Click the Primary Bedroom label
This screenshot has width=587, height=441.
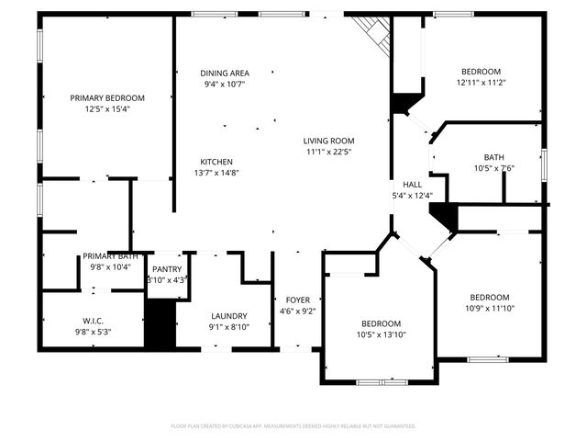coord(107,97)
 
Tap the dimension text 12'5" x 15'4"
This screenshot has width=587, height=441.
coord(107,108)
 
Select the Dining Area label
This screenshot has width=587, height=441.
coord(225,73)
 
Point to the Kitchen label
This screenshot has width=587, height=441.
coord(216,162)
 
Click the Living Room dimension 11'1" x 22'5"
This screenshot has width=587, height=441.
coord(329,152)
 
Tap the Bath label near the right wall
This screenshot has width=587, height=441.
coord(494,157)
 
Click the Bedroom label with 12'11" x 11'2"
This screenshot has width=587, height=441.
coord(481,72)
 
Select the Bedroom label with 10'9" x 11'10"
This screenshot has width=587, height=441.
coord(489,297)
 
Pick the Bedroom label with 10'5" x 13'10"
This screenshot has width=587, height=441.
coord(381,323)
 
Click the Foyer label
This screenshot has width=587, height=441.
coord(297,300)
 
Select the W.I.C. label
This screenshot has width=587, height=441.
coord(93,321)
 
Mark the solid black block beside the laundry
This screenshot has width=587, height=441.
coord(161,323)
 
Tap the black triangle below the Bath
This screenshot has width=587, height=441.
coord(446,217)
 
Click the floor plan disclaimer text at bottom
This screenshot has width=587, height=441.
coord(293,425)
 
